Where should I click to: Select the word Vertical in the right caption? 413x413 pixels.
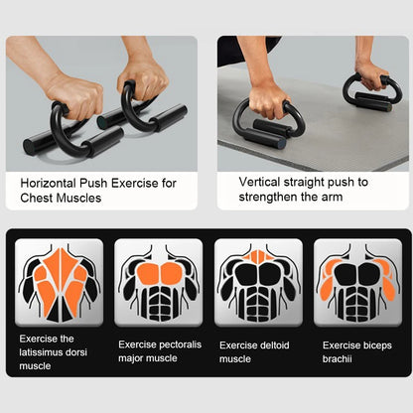(x=261, y=182)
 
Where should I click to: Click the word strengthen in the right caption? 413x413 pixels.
(x=274, y=198)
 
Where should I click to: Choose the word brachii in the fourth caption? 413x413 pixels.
(x=340, y=358)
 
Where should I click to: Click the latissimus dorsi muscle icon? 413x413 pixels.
(x=59, y=282)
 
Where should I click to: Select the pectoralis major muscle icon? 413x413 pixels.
(x=158, y=282)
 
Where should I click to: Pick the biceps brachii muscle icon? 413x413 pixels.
(x=358, y=282)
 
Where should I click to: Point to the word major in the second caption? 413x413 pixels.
(x=132, y=358)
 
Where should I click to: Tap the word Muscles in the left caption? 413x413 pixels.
(x=80, y=199)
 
